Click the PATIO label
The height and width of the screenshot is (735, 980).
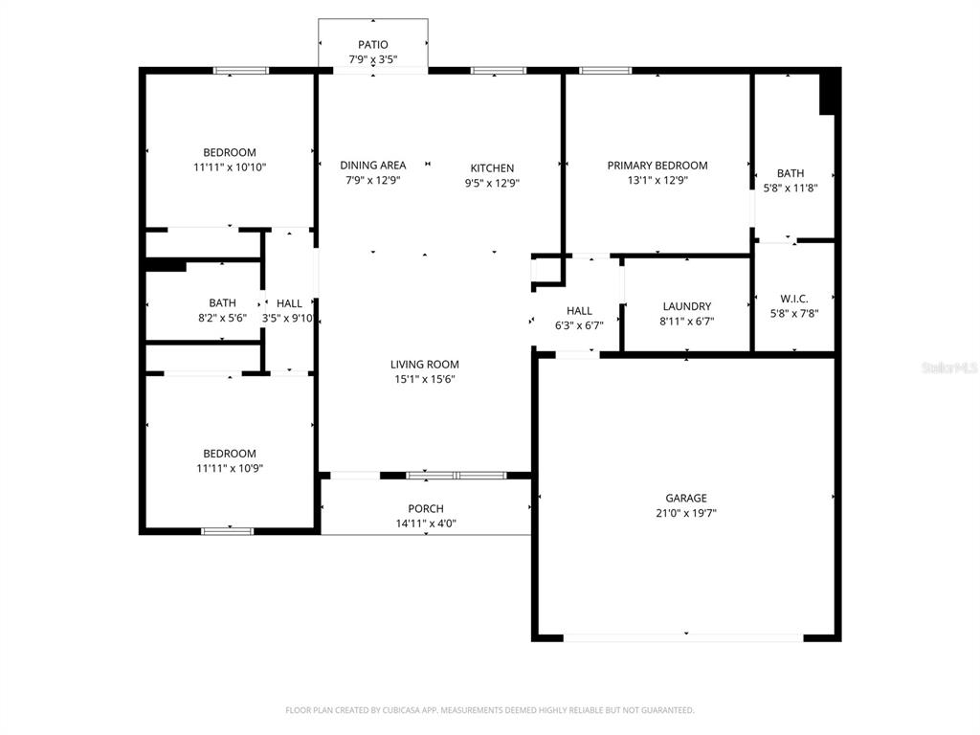[x=373, y=44]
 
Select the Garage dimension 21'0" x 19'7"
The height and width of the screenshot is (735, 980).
[x=686, y=513]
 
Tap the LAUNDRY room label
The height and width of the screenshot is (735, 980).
[x=686, y=306]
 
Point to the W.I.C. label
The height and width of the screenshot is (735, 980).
[x=793, y=299]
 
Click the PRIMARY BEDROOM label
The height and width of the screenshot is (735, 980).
[x=657, y=166]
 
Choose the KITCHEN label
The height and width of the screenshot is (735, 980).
[x=492, y=168]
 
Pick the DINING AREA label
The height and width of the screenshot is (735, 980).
[x=372, y=166]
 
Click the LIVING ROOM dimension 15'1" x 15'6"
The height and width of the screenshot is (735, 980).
[x=424, y=379]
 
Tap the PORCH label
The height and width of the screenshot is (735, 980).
[x=425, y=508]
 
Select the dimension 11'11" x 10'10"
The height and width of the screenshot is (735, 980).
[x=229, y=167]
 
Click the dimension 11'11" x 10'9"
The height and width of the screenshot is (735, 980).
[x=229, y=468]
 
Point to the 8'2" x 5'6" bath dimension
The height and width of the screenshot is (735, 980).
[x=222, y=318]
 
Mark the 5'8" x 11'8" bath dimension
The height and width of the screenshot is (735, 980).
[x=791, y=188]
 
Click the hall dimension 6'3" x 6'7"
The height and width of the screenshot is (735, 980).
[x=578, y=324]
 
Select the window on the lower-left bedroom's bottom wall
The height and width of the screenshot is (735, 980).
[x=227, y=530]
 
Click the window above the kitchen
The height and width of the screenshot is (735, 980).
[x=498, y=70]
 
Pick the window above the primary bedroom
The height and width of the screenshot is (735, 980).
[x=605, y=70]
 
